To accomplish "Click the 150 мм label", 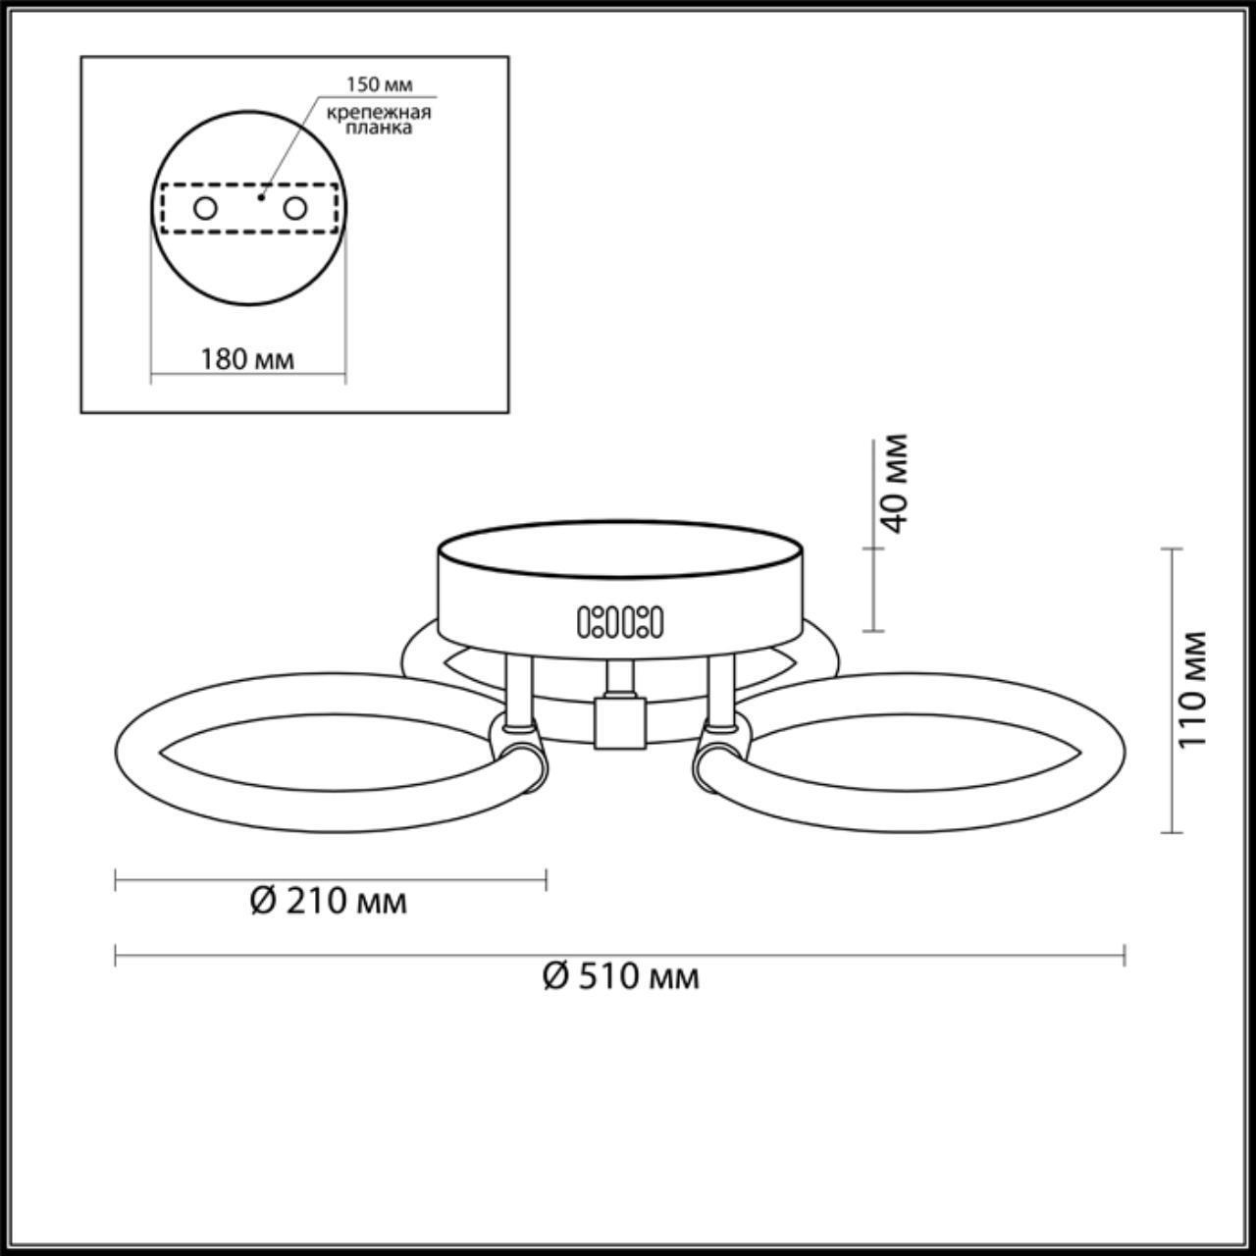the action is (x=379, y=84).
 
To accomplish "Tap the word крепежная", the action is (x=379, y=112).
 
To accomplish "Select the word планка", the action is (x=379, y=128).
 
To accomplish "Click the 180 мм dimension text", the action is (x=247, y=359).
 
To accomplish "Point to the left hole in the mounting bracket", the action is (x=205, y=209).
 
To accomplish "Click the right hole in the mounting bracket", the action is (x=294, y=209).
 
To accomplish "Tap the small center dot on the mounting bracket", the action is (x=260, y=196).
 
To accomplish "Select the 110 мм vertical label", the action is (x=1193, y=690).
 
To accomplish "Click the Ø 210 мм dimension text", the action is (x=329, y=902).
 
